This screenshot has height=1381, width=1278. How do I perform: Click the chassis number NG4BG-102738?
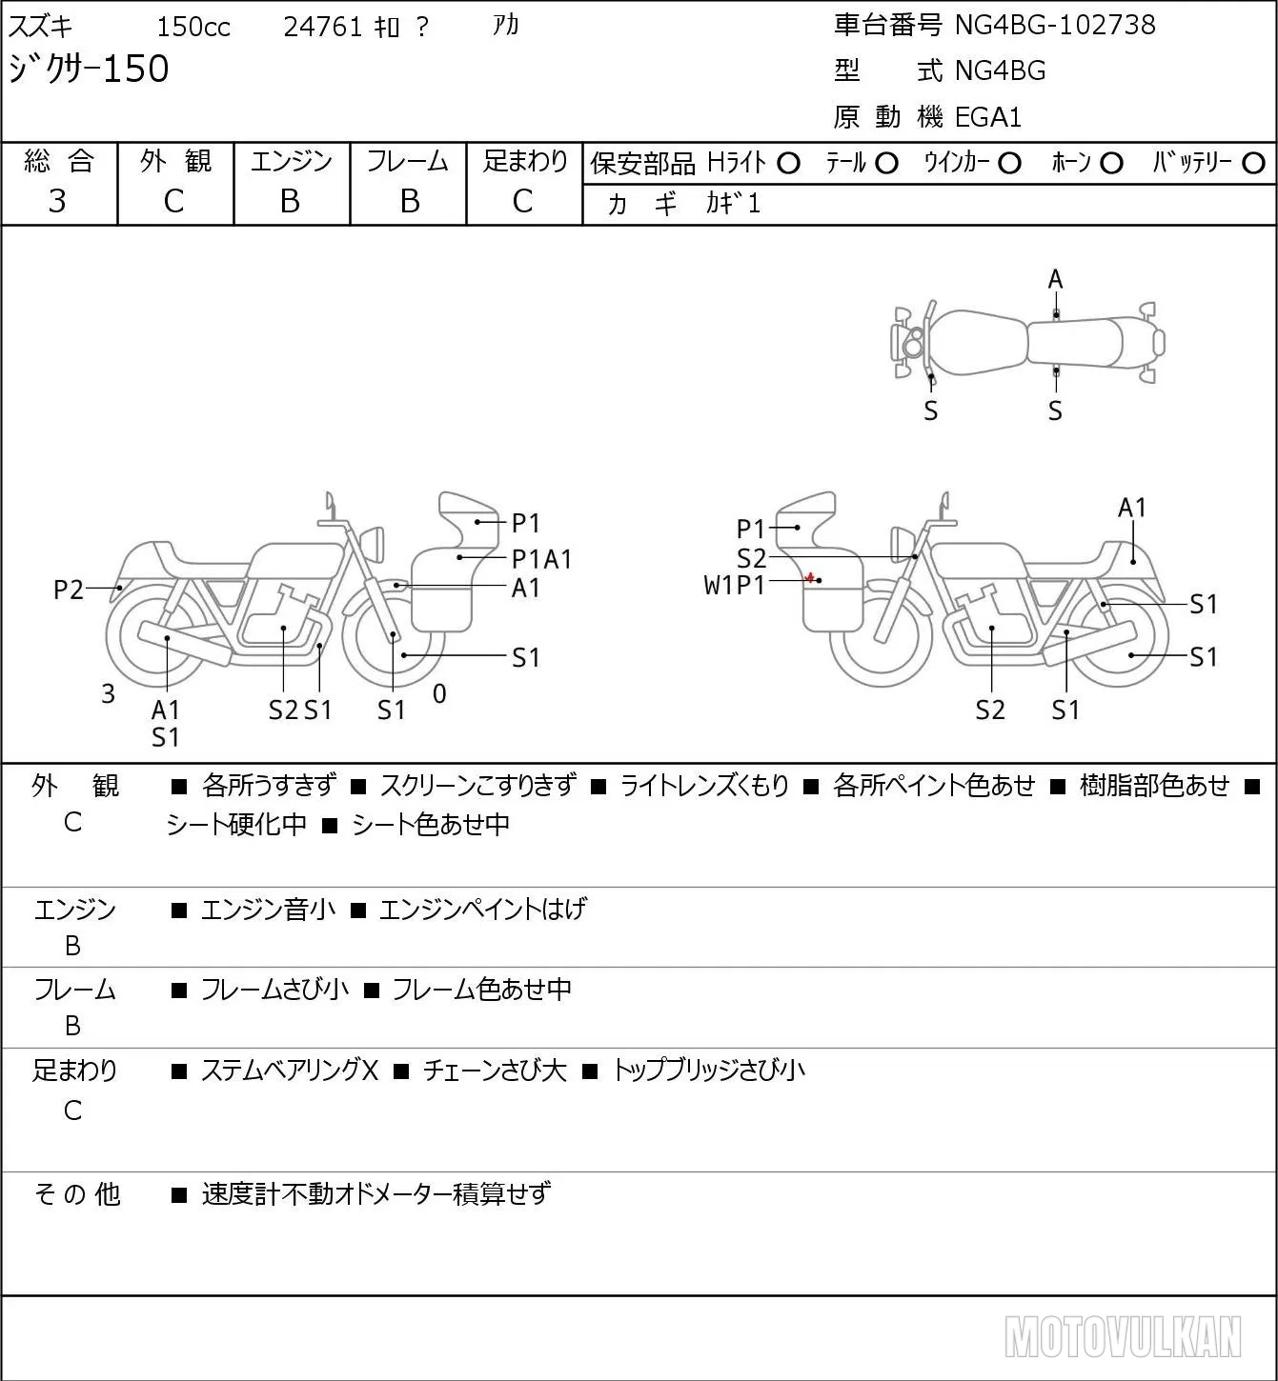coord(1055,25)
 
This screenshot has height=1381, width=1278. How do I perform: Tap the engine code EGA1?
coord(988,117)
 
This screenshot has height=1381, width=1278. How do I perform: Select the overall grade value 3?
coord(57,201)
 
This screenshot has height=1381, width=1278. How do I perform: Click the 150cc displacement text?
coord(193,27)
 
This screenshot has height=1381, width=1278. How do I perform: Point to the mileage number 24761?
coord(323,27)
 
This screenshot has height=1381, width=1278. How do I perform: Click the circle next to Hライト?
coord(788,164)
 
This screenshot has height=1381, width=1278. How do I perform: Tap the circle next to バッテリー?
coord(1253,164)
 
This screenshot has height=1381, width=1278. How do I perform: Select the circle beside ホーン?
coord(1111,164)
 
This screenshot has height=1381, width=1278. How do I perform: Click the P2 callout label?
coord(69,590)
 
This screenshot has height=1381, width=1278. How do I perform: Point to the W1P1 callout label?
coord(735,586)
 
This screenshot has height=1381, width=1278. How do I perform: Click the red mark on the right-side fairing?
coord(809,577)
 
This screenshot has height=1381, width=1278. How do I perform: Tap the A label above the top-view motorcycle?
coord(1055,280)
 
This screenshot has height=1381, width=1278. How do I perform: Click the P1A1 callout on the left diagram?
coord(541,559)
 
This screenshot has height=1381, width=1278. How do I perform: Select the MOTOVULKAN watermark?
coord(1123,1336)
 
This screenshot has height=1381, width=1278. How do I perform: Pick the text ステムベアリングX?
coord(290,1071)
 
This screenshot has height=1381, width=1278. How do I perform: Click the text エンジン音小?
coord(268,909)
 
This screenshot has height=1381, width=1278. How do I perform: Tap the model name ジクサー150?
coord(89,69)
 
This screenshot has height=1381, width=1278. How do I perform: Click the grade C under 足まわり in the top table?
coord(523,201)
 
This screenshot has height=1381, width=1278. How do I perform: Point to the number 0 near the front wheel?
coord(439,693)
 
